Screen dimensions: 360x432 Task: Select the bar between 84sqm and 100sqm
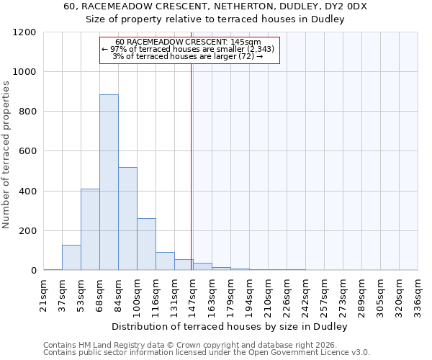(x=127, y=219)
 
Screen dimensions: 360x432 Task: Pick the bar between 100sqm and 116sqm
(x=146, y=244)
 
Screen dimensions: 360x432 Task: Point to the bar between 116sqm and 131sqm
(x=165, y=261)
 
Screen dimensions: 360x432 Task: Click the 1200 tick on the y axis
(x=25, y=32)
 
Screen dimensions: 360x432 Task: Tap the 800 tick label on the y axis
(x=27, y=112)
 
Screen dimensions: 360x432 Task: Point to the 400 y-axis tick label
(x=27, y=192)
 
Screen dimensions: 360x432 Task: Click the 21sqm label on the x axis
(x=44, y=294)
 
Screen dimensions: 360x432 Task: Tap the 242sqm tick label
(x=306, y=294)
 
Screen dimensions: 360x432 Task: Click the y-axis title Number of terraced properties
(x=6, y=155)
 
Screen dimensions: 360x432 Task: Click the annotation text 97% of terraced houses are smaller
(x=188, y=50)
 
